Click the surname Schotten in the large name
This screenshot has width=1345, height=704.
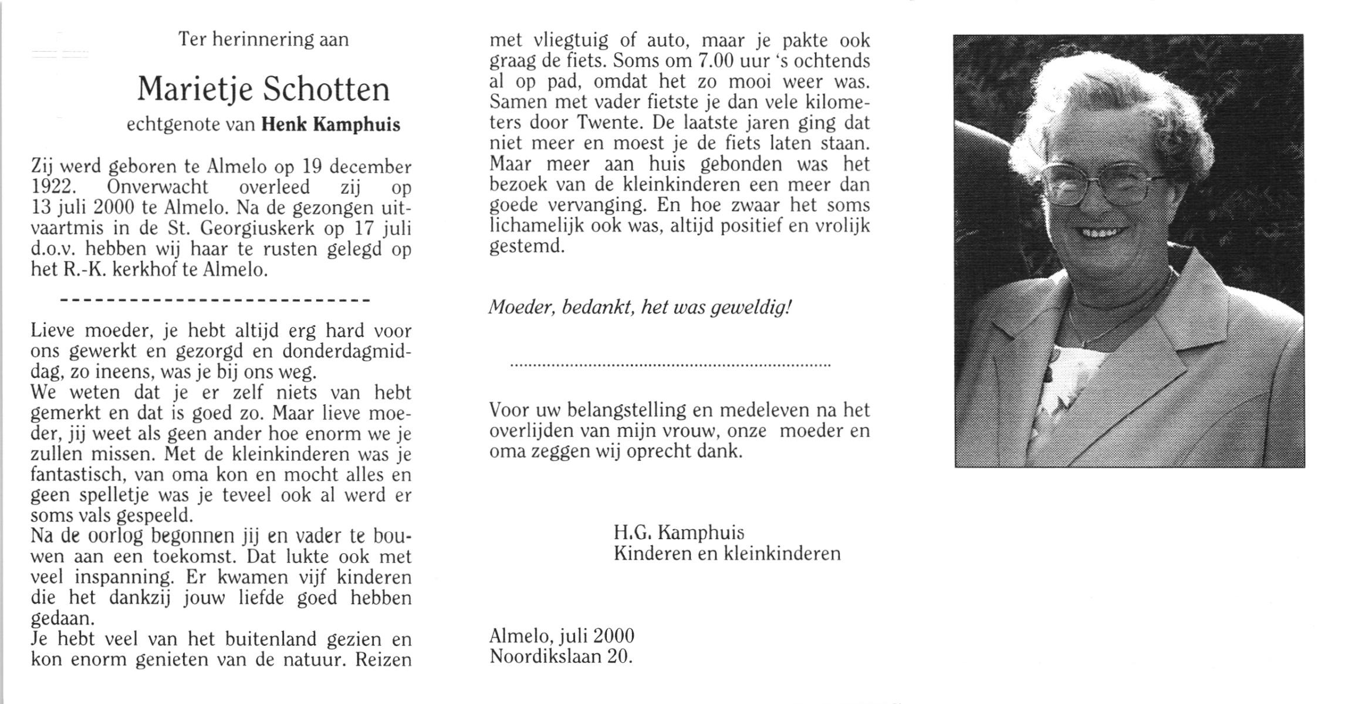point(326,90)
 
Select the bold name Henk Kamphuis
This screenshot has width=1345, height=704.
point(330,124)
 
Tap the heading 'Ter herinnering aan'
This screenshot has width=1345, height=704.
point(263,39)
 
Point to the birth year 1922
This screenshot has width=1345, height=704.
point(53,187)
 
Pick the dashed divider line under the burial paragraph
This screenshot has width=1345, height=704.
point(215,300)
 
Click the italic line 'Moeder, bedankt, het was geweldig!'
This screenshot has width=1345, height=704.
point(640,307)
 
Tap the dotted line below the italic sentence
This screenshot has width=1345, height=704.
point(670,365)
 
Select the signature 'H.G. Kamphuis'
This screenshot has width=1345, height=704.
point(678,533)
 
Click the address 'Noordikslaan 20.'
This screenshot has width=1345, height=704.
point(561,656)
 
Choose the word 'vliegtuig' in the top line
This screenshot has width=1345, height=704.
point(572,41)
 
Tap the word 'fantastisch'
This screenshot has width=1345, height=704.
point(76,474)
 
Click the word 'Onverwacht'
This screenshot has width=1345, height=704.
point(157,187)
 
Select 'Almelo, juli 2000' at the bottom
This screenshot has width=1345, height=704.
point(562,635)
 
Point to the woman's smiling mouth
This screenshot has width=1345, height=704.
point(1103,233)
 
